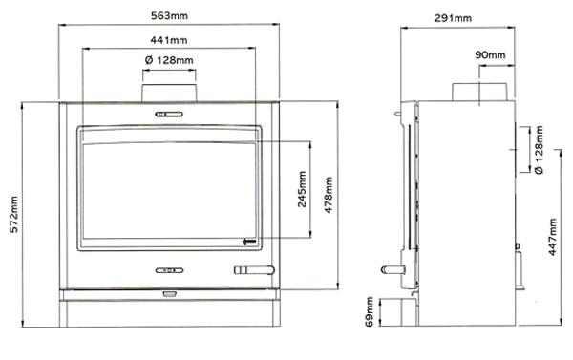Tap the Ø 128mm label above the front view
169,61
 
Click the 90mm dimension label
489,55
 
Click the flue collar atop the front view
170,90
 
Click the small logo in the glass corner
249,241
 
